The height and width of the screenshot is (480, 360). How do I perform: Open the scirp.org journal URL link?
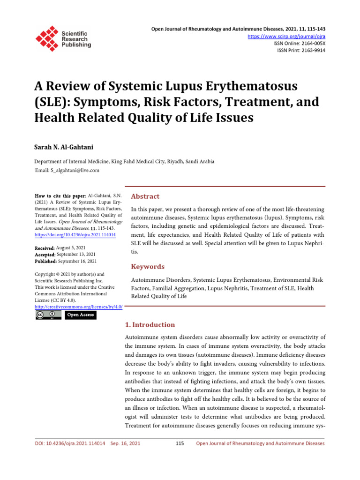pyautogui.click(x=293, y=36)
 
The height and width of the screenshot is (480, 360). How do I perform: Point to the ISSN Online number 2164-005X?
pyautogui.click(x=310, y=43)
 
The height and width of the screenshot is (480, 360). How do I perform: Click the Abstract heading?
pyautogui.click(x=145, y=196)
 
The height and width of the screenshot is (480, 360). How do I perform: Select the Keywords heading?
pyautogui.click(x=148, y=267)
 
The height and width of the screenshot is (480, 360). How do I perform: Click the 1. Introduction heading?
pyautogui.click(x=150, y=325)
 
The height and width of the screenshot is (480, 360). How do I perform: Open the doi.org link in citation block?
pyautogui.click(x=75, y=234)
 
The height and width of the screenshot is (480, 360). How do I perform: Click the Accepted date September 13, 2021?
pyautogui.click(x=76, y=255)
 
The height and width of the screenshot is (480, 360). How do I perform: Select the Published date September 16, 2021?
pyautogui.click(x=77, y=261)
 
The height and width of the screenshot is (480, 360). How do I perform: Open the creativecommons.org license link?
pyautogui.click(x=79, y=307)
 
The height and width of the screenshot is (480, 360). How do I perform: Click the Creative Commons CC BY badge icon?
pyautogui.click(x=48, y=315)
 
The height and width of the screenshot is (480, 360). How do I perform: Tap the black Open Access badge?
pyautogui.click(x=80, y=315)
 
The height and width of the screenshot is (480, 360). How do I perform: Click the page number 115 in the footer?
pyautogui.click(x=180, y=443)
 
